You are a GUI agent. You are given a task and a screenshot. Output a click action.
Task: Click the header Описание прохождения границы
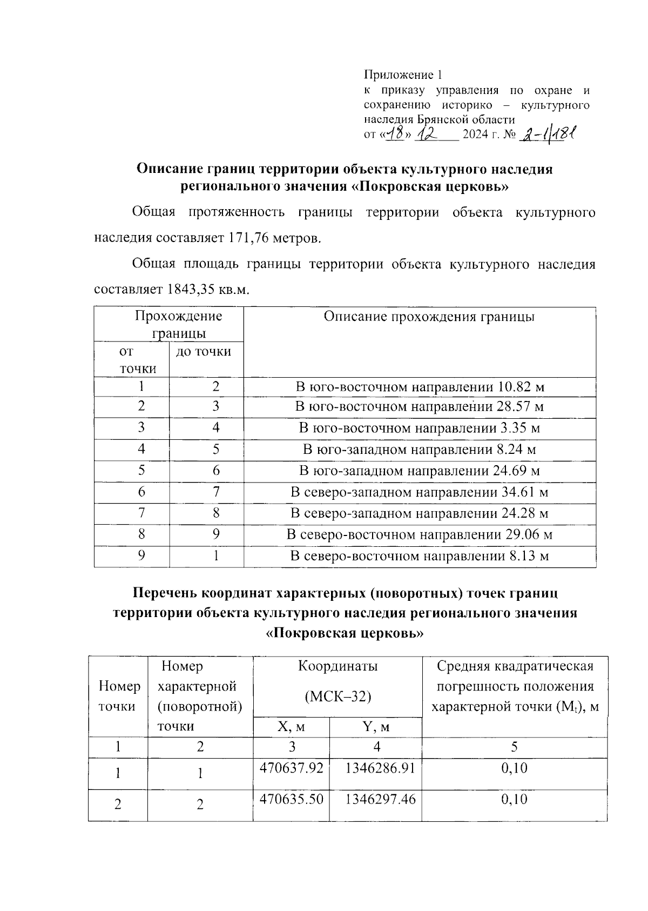pyautogui.click(x=429, y=317)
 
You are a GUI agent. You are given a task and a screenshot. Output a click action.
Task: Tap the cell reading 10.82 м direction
pyautogui.click(x=420, y=387)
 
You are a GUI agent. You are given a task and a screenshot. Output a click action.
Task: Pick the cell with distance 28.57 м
pyautogui.click(x=420, y=407)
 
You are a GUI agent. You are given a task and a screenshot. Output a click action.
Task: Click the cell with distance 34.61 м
pyautogui.click(x=420, y=492)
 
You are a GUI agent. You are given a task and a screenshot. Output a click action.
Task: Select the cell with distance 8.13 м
pyautogui.click(x=420, y=556)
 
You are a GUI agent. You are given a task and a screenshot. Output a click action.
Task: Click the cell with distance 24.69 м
pyautogui.click(x=420, y=471)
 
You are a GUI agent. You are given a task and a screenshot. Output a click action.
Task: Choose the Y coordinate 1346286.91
pyautogui.click(x=380, y=767)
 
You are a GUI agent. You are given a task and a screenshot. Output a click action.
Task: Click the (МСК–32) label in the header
pyautogui.click(x=338, y=697)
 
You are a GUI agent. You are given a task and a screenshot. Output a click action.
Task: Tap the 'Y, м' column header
pyautogui.click(x=376, y=727)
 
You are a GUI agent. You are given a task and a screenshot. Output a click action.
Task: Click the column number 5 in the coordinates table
pyautogui.click(x=514, y=747)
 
